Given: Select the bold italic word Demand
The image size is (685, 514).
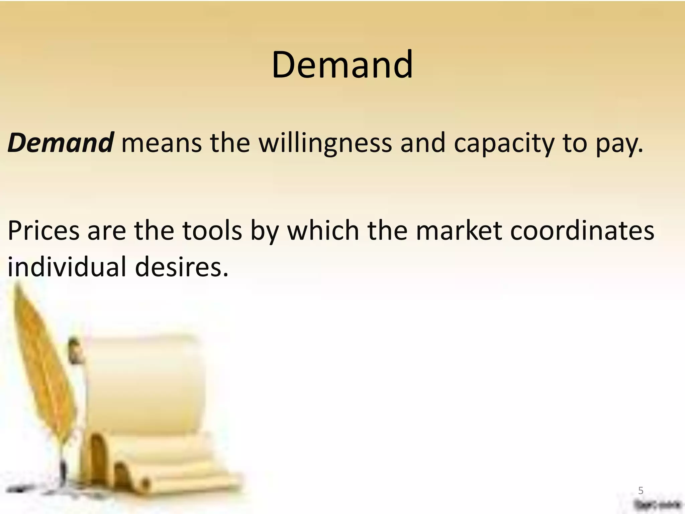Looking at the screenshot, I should [61, 143].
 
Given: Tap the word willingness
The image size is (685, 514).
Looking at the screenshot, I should [325, 143].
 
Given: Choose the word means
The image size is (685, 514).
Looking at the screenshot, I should [161, 143].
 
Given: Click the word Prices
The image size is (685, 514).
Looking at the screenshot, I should [43, 231].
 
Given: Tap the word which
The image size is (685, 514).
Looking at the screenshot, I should [323, 231].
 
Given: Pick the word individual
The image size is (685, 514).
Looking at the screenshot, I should [67, 267].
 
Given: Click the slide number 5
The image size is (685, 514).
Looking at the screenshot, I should [641, 491].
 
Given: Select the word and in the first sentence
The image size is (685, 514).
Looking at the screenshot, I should [423, 143].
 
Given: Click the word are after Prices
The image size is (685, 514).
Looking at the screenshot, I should [107, 231].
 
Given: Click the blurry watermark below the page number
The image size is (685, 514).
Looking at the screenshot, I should [657, 504].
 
